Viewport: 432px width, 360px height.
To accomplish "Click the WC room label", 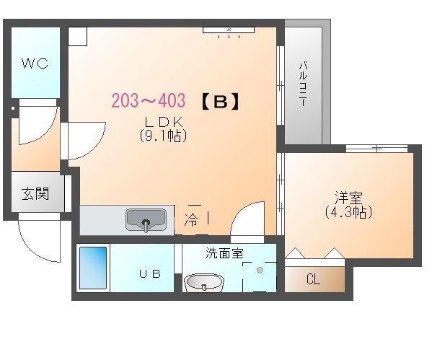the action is [x=35, y=63].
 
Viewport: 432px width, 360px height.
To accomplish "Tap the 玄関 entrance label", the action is [x=35, y=194].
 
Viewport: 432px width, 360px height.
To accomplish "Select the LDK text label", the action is [x=164, y=121].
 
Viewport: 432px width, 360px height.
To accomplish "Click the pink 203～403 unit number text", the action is [x=149, y=100].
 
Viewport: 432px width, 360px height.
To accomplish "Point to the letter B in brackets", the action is [x=221, y=102].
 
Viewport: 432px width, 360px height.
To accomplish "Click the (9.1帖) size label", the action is [x=163, y=136].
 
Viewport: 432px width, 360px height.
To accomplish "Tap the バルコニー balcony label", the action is [x=303, y=84].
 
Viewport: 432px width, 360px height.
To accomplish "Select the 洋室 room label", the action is [x=349, y=198].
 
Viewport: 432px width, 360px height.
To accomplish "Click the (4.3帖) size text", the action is [x=348, y=211].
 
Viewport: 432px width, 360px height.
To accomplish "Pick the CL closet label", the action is [x=313, y=279].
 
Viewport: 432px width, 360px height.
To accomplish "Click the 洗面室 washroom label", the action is [x=224, y=253].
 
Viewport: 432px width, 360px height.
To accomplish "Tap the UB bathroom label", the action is [x=149, y=273].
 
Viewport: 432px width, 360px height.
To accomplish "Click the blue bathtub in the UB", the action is [x=93, y=268].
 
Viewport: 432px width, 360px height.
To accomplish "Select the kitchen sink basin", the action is [x=146, y=220].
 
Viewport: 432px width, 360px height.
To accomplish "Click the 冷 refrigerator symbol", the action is [x=191, y=220].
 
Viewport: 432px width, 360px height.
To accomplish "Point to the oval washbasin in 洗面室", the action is [x=204, y=282].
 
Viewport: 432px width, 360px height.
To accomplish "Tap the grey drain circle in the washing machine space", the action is [x=260, y=270].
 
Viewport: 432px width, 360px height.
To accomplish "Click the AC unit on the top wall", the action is [x=229, y=30].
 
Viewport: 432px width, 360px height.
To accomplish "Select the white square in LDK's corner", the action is [x=78, y=36].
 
